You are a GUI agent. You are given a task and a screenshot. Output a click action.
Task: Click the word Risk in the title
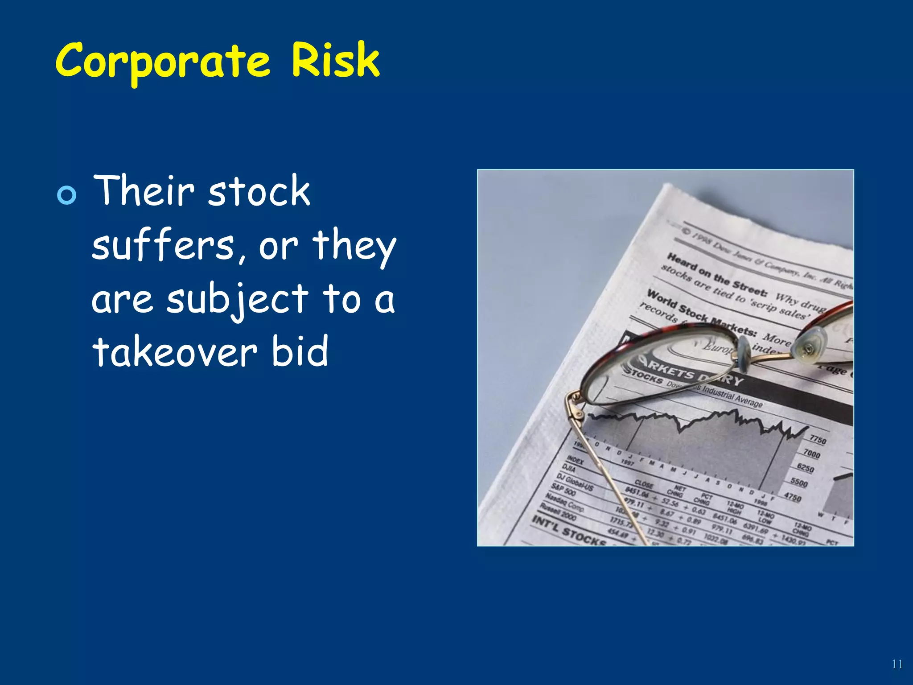tap(335, 60)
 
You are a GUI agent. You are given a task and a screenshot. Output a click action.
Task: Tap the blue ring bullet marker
tap(67, 195)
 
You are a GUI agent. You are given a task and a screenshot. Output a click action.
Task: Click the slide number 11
tap(897, 664)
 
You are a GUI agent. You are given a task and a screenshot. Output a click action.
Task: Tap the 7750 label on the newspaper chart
tap(818, 440)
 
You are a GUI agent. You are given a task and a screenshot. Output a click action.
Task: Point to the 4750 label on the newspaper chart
tap(792, 497)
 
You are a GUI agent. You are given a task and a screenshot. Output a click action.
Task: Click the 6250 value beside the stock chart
tap(805, 468)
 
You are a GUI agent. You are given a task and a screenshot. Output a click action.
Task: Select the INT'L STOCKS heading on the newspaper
tap(568, 531)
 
